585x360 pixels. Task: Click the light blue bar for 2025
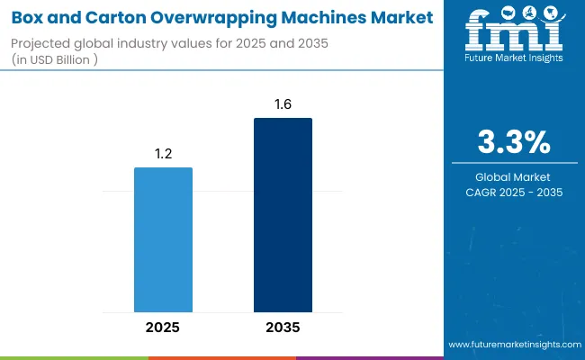click(163, 239)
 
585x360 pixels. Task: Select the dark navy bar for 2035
click(283, 215)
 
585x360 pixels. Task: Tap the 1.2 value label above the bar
click(163, 154)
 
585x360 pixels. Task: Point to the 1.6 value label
click(283, 105)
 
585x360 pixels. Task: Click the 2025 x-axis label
click(163, 328)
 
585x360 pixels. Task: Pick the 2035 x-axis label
click(283, 328)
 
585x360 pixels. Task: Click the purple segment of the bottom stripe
click(369, 357)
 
